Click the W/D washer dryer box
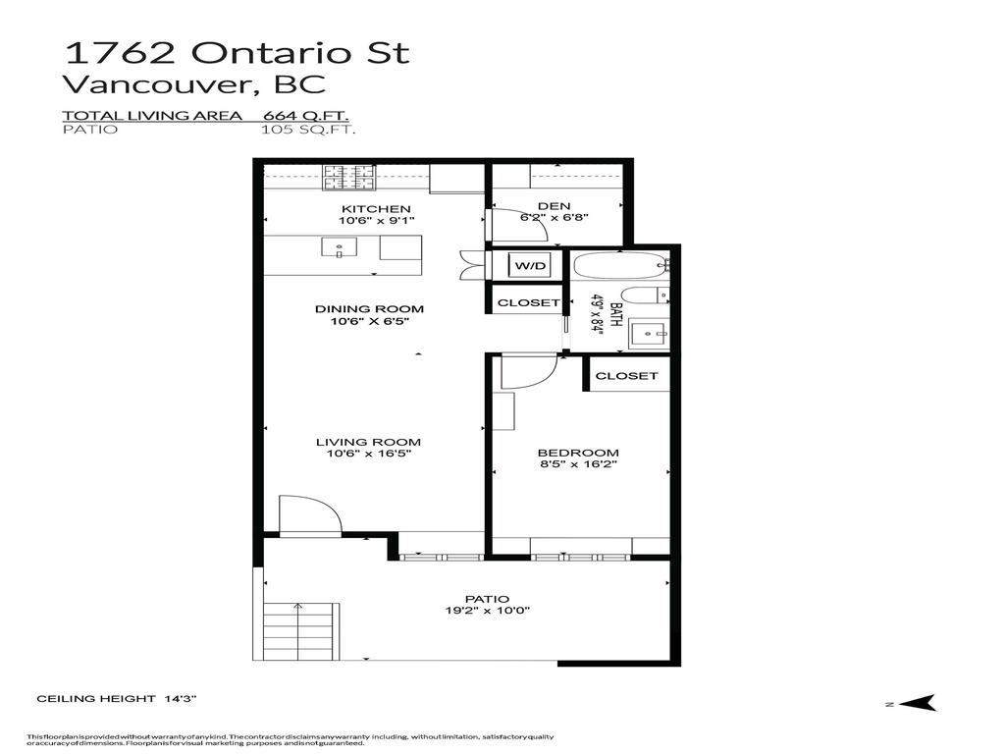pyautogui.click(x=530, y=265)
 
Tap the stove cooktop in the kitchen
pyautogui.click(x=349, y=178)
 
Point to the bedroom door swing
pyautogui.click(x=528, y=372)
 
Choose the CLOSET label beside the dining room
pyautogui.click(x=529, y=302)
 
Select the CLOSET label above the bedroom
pyautogui.click(x=626, y=375)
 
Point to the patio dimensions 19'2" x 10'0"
pyautogui.click(x=487, y=610)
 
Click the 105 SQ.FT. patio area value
pyautogui.click(x=307, y=129)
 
